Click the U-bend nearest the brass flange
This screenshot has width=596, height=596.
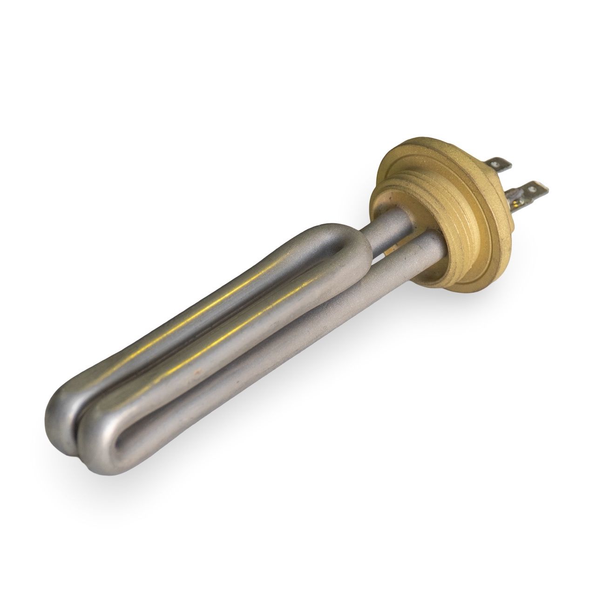point(345,242)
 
